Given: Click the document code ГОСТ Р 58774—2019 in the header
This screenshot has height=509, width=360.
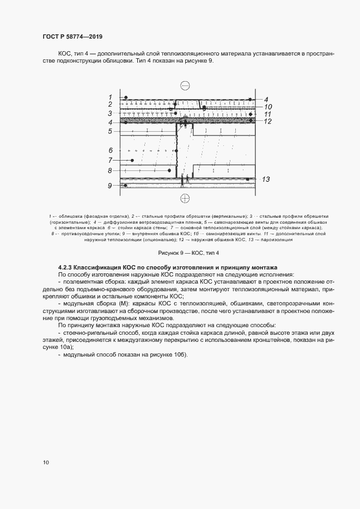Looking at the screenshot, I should tap(72, 36).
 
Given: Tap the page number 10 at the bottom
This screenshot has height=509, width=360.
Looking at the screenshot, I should tap(46, 463).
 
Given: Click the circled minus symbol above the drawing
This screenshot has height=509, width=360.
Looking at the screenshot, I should tap(185, 85).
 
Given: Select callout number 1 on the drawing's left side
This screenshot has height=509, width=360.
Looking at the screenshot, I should tap(110, 97).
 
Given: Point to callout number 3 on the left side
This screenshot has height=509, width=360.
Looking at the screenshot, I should tap(110, 113).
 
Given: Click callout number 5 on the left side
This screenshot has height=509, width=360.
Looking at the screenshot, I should tap(110, 131).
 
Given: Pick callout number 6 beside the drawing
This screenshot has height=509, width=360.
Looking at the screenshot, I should tap(110, 150).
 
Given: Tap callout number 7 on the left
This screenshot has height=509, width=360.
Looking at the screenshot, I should tap(110, 160).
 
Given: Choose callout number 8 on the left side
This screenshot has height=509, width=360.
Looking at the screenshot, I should tap(110, 170).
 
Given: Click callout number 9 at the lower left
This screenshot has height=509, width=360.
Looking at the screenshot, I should tap(110, 186).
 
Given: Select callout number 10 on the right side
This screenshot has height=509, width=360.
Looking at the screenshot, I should tap(268, 107).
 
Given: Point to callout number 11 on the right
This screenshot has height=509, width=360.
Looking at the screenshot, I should tap(268, 115).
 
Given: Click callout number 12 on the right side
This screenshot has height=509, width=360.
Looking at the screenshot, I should tap(268, 122).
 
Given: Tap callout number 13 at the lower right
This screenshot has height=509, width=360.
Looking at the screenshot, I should tap(266, 179).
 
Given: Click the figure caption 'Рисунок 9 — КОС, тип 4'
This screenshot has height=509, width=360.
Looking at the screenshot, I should tap(188, 253).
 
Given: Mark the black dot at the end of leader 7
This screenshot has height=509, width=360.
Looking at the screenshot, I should tap(133, 160).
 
